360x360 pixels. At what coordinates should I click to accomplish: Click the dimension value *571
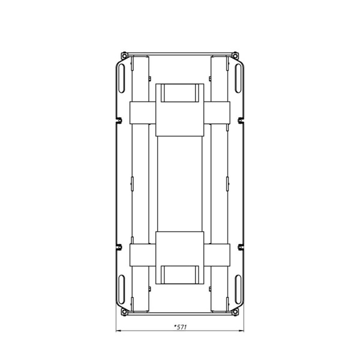(x=181, y=327)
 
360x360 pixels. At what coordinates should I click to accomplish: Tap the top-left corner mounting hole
(x=124, y=56)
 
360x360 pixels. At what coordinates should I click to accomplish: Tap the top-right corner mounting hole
(x=235, y=56)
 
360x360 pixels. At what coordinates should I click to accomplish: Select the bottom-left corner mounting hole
(x=124, y=312)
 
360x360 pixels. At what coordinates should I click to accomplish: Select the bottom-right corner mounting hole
(x=235, y=312)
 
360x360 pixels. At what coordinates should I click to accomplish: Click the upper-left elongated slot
(x=122, y=78)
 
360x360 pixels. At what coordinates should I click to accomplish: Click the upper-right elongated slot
(x=238, y=78)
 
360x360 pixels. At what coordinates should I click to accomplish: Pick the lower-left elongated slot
(x=122, y=289)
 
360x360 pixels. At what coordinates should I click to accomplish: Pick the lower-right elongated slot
(x=238, y=289)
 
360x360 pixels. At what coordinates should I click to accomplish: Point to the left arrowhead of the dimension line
(x=118, y=331)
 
